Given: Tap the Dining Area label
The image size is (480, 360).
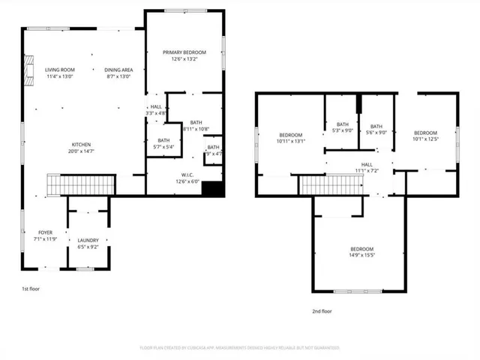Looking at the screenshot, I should click(x=118, y=72).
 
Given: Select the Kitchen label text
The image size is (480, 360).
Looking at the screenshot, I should click(x=82, y=148).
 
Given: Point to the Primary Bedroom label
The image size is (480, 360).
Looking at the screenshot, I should click(x=184, y=55).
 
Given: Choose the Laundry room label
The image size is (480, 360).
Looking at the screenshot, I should click(x=88, y=244).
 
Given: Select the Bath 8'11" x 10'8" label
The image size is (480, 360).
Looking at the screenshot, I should click(x=196, y=126).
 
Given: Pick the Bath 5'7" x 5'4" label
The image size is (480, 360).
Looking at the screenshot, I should click(x=163, y=144).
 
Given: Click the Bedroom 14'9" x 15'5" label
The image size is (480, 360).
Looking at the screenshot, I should click(x=361, y=253).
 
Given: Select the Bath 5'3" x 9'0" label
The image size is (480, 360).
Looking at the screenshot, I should click(x=343, y=127).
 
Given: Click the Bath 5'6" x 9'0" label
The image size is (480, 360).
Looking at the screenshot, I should click(x=376, y=130).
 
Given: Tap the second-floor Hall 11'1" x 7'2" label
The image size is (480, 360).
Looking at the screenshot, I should click(x=367, y=168).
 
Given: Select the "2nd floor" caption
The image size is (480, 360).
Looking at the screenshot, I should click(x=322, y=310).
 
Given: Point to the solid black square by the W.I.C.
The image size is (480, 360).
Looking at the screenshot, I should click(x=214, y=189).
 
